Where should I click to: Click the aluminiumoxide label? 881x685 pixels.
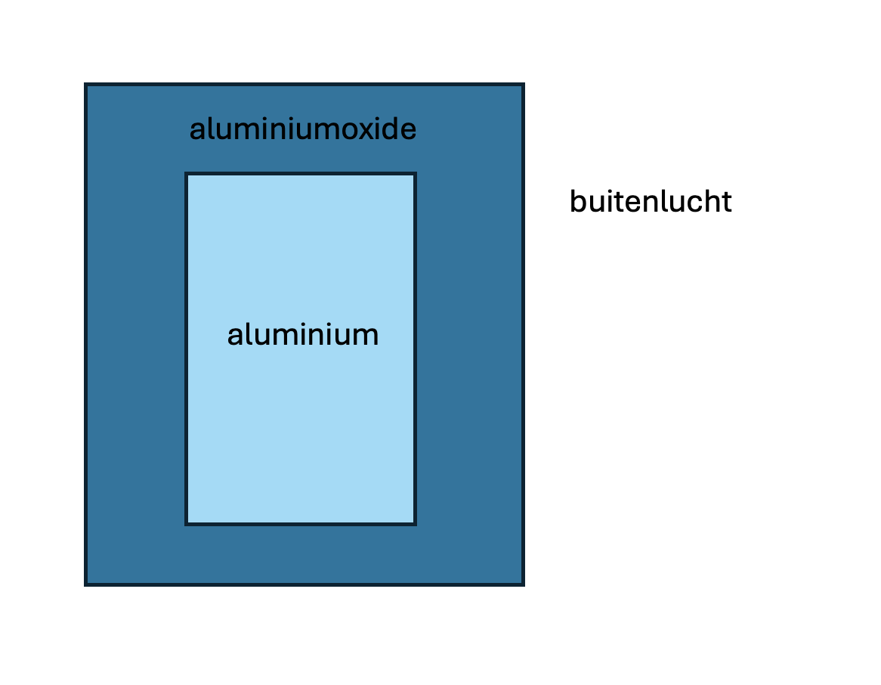pyautogui.click(x=302, y=130)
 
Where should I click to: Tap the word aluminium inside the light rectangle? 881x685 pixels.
pyautogui.click(x=302, y=334)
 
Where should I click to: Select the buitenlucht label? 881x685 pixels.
pyautogui.click(x=651, y=202)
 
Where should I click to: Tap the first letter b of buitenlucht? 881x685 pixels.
pyautogui.click(x=577, y=202)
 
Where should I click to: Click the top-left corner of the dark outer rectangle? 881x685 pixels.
pyautogui.click(x=85, y=85)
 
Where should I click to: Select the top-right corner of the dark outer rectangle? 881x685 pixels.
pyautogui.click(x=523, y=85)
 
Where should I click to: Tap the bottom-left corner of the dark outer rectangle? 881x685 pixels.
pyautogui.click(x=85, y=584)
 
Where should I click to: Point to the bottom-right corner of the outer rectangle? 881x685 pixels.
pyautogui.click(x=523, y=584)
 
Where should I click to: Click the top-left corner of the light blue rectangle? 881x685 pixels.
pyautogui.click(x=187, y=174)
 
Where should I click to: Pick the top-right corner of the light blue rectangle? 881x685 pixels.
pyautogui.click(x=415, y=174)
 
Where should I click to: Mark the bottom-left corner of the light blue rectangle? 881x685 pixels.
pyautogui.click(x=187, y=523)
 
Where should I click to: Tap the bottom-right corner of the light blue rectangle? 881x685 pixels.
pyautogui.click(x=415, y=523)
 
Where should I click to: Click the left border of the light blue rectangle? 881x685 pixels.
pyautogui.click(x=187, y=348)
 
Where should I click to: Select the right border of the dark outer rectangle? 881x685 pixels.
pyautogui.click(x=523, y=333)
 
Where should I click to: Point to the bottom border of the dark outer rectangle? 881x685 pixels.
pyautogui.click(x=302, y=584)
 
